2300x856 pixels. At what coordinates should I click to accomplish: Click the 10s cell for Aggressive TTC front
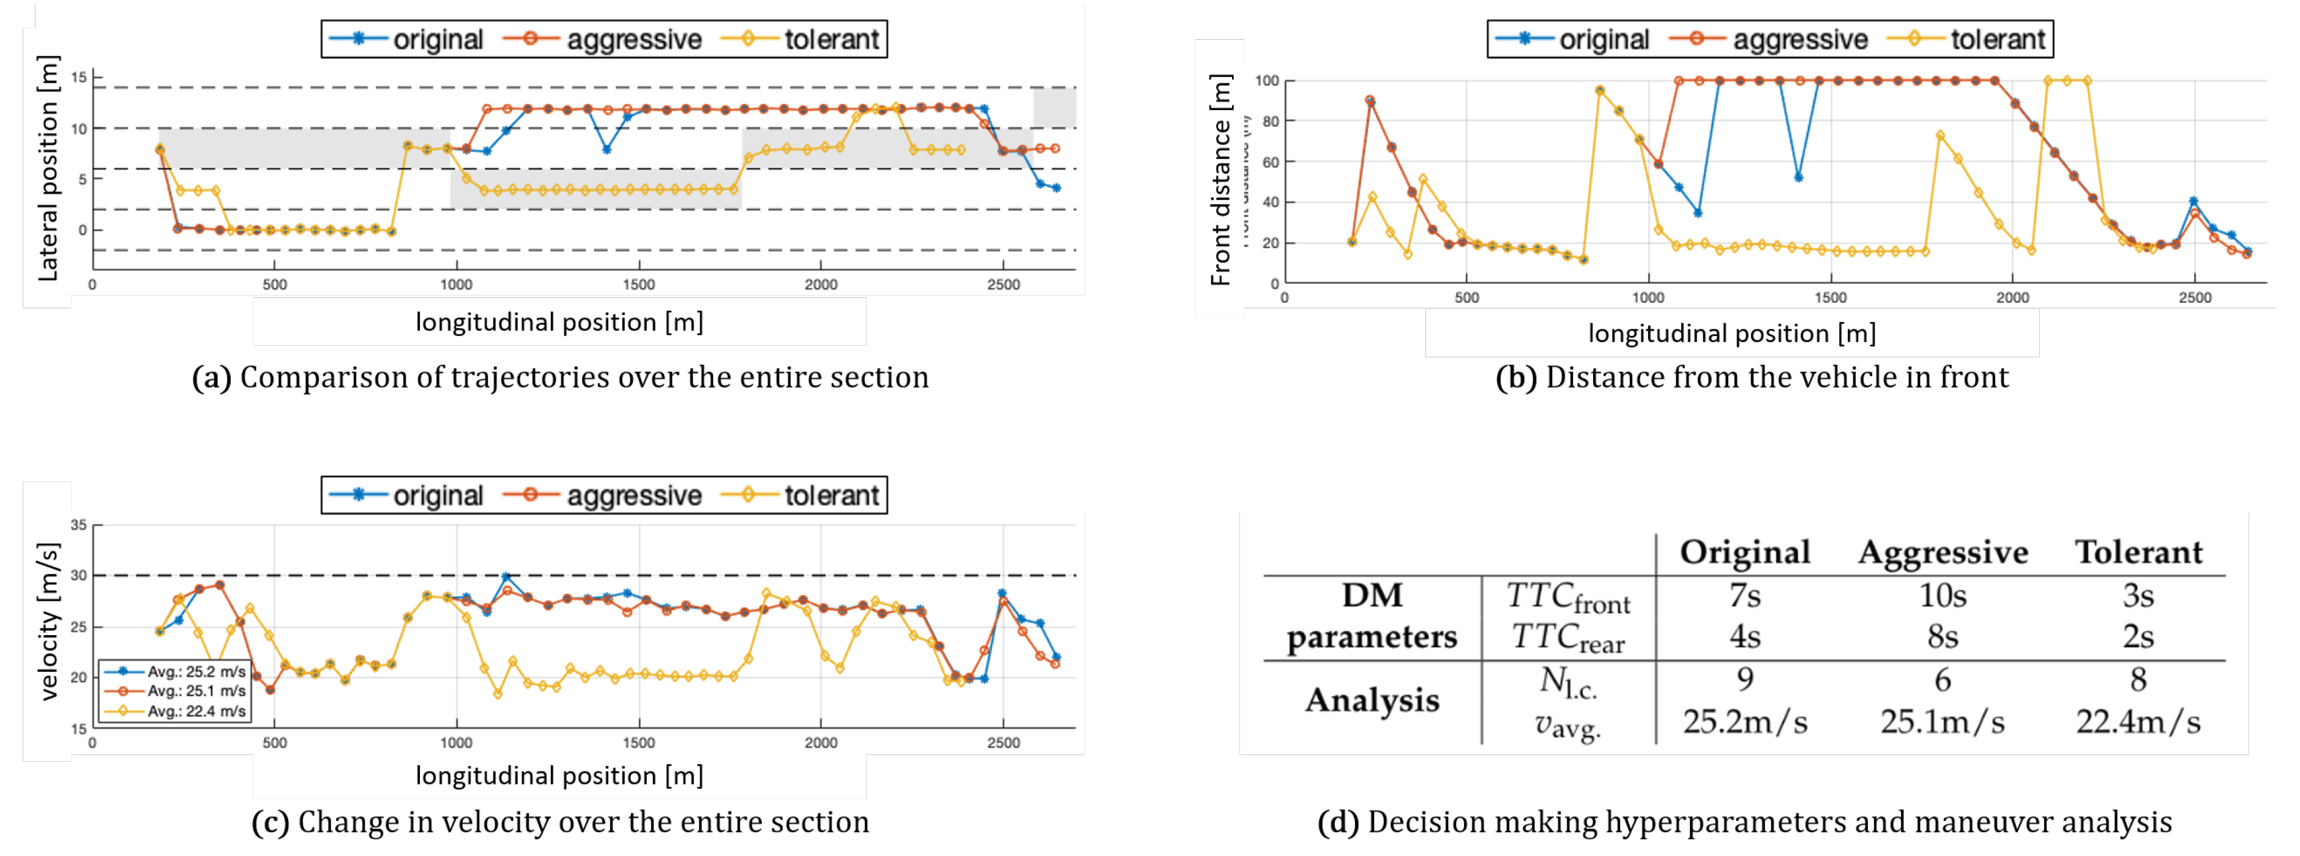[1942, 595]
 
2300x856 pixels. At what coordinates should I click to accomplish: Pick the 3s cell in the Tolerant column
[2137, 595]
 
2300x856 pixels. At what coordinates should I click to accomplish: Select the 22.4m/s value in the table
[2137, 721]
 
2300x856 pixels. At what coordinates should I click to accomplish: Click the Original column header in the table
[1745, 553]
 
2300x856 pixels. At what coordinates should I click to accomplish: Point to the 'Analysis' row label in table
[1372, 701]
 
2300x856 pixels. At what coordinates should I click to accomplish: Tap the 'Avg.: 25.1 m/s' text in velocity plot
[196, 691]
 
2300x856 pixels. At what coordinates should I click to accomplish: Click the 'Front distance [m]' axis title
[1220, 179]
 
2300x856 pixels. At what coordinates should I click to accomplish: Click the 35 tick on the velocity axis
[80, 525]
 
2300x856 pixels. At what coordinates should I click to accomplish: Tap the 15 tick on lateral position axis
[80, 78]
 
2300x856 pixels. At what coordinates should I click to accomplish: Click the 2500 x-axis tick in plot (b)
[2194, 298]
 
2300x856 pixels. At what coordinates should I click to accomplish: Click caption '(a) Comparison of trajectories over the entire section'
[560, 378]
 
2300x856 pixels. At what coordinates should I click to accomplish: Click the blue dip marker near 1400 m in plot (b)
[1798, 177]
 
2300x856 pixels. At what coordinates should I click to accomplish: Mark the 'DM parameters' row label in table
[1372, 616]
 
